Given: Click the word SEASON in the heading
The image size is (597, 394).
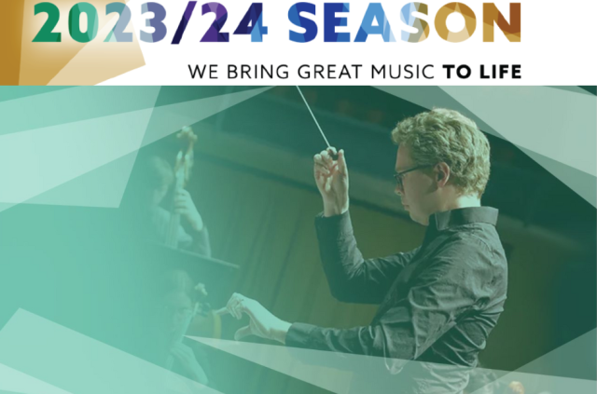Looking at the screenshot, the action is pyautogui.click(x=404, y=21).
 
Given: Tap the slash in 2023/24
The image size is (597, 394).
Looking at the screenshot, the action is pyautogui.click(x=185, y=22).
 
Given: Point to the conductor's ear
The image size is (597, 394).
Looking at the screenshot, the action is pyautogui.click(x=442, y=173).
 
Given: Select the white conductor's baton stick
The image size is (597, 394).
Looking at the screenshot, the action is pyautogui.click(x=313, y=116).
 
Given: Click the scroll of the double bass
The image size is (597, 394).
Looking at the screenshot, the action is pyautogui.click(x=187, y=140).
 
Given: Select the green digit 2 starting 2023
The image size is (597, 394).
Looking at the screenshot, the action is pyautogui.click(x=48, y=21).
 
